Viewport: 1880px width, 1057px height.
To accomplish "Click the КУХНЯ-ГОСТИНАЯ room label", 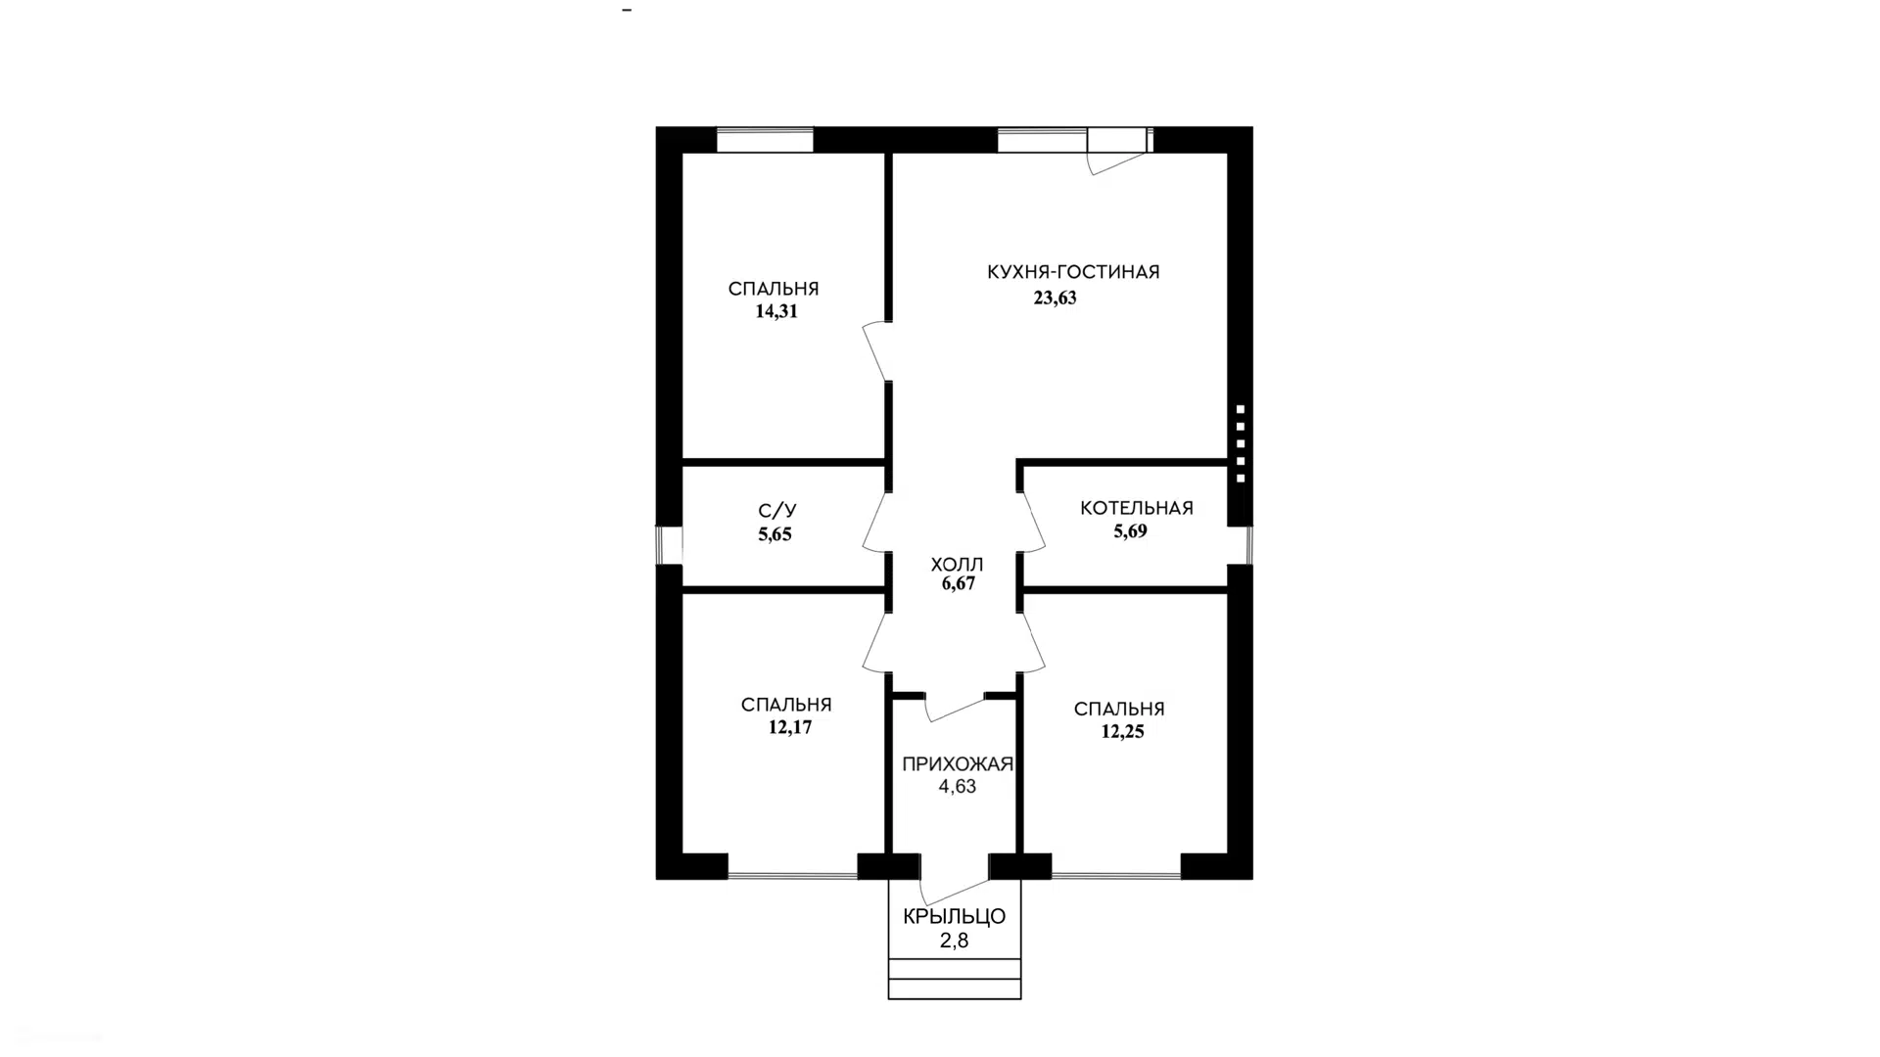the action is click(1073, 272).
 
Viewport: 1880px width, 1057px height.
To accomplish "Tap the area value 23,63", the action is click(1055, 299).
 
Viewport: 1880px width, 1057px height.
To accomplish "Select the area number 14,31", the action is click(776, 312).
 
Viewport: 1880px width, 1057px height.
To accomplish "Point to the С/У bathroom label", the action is click(777, 511).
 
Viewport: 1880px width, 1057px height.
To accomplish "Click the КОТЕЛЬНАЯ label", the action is click(1137, 508).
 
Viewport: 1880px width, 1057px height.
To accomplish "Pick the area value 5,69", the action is click(1130, 531).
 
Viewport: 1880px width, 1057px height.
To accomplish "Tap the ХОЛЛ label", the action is click(957, 565).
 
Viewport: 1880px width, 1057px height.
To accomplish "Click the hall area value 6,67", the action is click(959, 584).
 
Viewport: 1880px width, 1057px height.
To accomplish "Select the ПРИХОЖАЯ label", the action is click(958, 764).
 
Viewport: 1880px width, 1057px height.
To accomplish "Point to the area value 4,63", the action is click(958, 787).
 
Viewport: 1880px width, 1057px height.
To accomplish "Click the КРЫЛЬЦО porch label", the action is click(955, 917).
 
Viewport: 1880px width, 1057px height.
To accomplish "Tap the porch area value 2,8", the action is click(955, 942).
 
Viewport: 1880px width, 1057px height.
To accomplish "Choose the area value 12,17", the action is click(790, 728).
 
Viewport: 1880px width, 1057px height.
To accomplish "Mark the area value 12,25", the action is click(1122, 732).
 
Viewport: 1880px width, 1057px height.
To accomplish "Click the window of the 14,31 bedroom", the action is click(765, 141).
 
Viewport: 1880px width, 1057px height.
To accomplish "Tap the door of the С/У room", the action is click(875, 522).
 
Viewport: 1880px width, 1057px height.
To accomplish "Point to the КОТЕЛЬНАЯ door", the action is click(1032, 522).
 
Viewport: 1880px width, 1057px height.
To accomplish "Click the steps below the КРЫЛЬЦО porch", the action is click(955, 979).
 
